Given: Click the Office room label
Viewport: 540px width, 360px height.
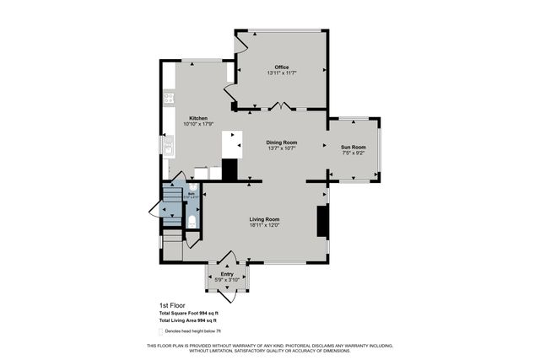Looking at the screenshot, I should (282, 67).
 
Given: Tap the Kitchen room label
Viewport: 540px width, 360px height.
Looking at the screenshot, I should (198, 118).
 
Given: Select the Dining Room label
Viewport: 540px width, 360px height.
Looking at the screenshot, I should (282, 142).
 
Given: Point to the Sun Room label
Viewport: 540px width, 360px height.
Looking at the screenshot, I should (354, 147).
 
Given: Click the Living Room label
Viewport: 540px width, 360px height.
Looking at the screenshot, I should (264, 219).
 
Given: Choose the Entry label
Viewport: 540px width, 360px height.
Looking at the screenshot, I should (227, 274).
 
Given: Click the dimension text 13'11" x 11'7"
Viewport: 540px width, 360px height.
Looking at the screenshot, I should (282, 74).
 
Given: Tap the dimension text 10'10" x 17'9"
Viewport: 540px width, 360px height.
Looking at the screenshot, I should (198, 124).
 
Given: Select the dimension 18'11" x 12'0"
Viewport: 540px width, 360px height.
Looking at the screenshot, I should (264, 225).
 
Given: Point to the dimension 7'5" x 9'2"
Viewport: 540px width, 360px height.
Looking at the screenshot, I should (354, 153).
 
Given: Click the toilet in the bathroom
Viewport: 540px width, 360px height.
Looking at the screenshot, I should (192, 221).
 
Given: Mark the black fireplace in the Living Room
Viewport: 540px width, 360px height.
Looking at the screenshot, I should (321, 221).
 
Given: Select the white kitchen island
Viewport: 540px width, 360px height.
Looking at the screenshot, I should (232, 144).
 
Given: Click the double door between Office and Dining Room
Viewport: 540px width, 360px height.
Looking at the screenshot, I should (282, 107).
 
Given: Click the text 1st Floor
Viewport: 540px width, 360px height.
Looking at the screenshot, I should (171, 305).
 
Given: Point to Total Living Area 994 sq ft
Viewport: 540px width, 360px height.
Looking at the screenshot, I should (188, 321).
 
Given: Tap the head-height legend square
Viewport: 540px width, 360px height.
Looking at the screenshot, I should (161, 330).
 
